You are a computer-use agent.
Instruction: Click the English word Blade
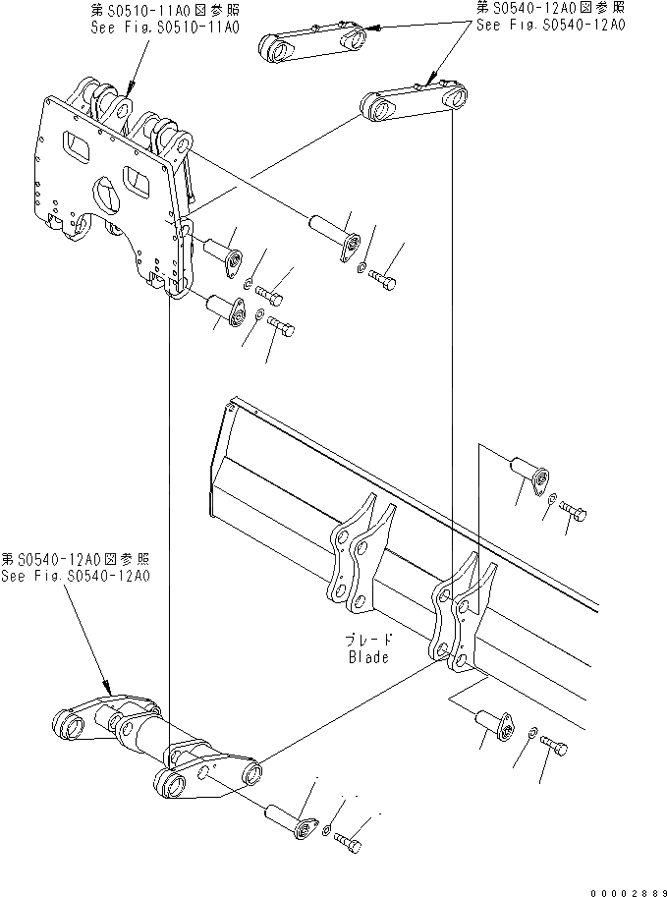point(367,657)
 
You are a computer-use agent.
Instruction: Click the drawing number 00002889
point(627,889)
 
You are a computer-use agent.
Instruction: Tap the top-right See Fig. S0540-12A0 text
point(549,24)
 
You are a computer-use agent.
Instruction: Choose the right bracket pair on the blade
point(460,619)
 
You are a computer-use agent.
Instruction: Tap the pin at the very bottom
point(288,820)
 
